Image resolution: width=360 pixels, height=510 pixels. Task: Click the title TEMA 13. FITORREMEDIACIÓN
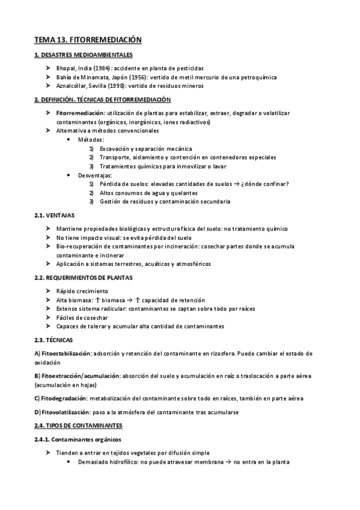[88, 40]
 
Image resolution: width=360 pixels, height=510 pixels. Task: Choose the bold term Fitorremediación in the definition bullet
[80, 113]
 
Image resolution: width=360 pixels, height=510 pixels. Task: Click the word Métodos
[91, 140]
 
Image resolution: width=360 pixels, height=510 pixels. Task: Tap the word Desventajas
[95, 175]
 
